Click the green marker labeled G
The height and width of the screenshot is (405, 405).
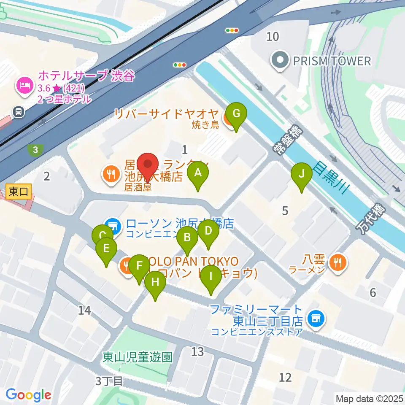tap(236, 114)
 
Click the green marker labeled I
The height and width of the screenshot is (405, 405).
tap(211, 278)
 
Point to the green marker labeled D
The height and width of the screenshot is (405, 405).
tap(208, 232)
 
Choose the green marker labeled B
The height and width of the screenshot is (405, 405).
tap(187, 238)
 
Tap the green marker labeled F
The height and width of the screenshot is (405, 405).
tap(139, 267)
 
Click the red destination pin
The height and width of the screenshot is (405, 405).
tap(148, 165)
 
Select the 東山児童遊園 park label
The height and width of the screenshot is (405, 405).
tap(138, 357)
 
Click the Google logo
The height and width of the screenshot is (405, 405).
tap(29, 395)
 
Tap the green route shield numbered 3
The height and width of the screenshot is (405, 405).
tap(36, 149)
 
